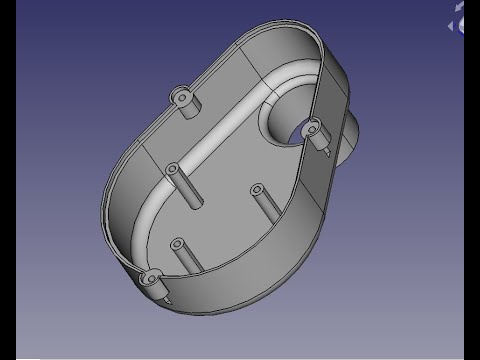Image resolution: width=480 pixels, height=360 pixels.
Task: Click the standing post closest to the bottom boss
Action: (x=180, y=245)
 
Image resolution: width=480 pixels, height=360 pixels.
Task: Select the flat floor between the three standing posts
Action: (x=215, y=215)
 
